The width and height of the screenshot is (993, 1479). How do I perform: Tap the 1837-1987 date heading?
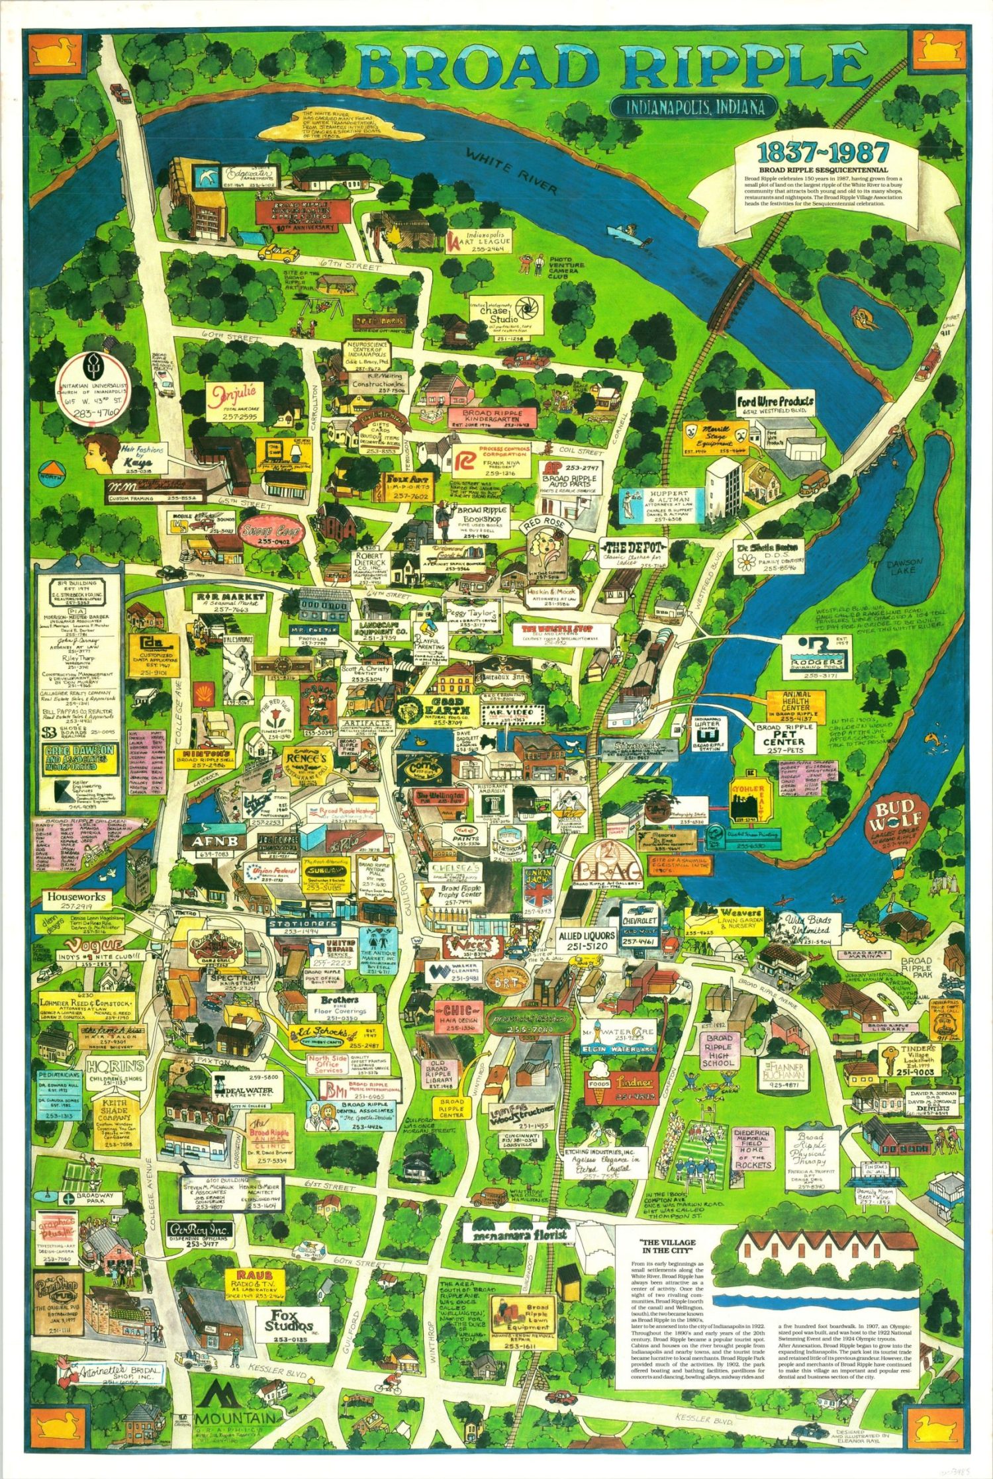click(823, 153)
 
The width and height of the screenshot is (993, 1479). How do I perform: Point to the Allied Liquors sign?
click(587, 940)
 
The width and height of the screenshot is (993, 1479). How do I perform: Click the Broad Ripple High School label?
click(718, 1051)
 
